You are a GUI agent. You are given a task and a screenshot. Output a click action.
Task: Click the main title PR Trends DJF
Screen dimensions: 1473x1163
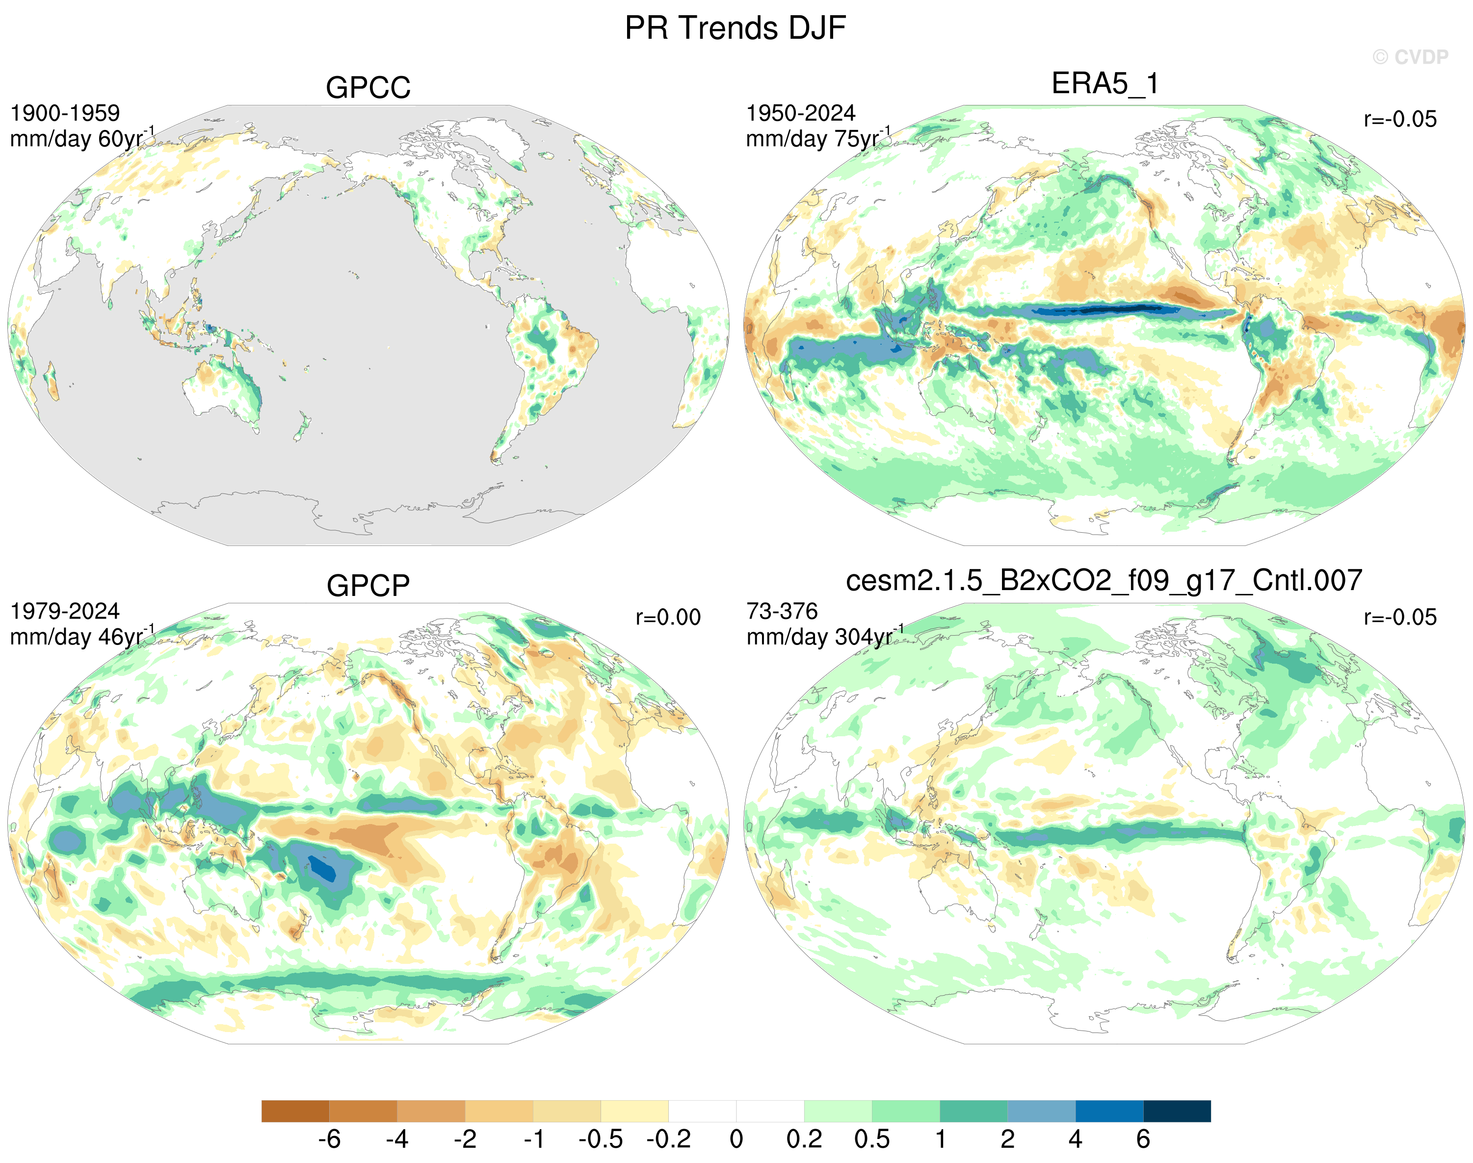(x=736, y=28)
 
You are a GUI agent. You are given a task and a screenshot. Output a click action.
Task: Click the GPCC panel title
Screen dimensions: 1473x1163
(x=368, y=88)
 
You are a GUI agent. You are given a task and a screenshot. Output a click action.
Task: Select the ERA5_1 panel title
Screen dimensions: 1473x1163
(x=1105, y=84)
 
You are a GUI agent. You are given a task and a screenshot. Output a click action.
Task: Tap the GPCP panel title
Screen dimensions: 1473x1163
(x=368, y=586)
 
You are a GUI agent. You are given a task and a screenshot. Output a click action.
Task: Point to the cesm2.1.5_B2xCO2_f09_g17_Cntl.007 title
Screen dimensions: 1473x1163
(x=1104, y=580)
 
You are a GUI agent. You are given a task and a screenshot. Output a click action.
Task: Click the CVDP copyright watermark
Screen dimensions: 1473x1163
(x=1410, y=57)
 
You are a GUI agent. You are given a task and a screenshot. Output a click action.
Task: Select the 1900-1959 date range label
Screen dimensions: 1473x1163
(x=65, y=113)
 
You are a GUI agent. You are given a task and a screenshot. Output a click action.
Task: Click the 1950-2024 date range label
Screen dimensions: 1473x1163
(x=801, y=113)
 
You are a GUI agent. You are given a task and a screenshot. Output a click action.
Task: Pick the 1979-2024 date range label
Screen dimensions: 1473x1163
(x=65, y=612)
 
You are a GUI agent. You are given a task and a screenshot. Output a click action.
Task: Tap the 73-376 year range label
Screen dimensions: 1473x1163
(x=782, y=612)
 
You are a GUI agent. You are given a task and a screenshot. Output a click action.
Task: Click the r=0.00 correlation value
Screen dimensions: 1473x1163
(x=668, y=618)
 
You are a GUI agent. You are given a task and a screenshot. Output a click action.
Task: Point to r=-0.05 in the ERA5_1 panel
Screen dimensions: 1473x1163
(x=1400, y=119)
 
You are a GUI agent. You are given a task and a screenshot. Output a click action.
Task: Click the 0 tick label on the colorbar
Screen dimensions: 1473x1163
(x=736, y=1139)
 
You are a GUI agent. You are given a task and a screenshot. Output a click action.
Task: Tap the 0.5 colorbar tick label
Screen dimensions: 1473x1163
(x=871, y=1139)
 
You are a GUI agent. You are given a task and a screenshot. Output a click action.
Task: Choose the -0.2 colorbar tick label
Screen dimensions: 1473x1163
(x=669, y=1139)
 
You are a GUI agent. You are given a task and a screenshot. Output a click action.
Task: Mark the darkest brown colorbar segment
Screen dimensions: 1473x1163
(x=295, y=1111)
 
